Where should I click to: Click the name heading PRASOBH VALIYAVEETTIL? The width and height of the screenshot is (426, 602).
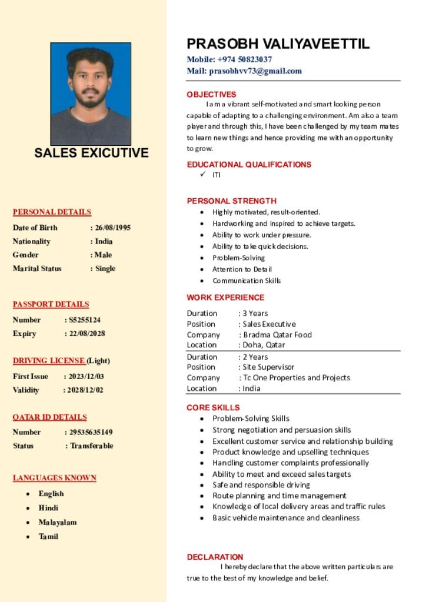pyautogui.click(x=278, y=44)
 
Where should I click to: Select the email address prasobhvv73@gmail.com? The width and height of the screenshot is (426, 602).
pyautogui.click(x=255, y=71)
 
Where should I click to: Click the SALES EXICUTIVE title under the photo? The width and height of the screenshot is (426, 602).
pyautogui.click(x=91, y=153)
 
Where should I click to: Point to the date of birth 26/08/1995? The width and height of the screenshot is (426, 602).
pyautogui.click(x=113, y=228)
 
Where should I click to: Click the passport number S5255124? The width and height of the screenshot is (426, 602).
pyautogui.click(x=85, y=320)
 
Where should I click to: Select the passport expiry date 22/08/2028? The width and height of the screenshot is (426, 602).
pyautogui.click(x=87, y=333)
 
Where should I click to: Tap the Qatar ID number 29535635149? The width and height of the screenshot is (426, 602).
pyautogui.click(x=91, y=432)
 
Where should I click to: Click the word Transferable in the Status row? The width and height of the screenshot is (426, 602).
pyautogui.click(x=92, y=446)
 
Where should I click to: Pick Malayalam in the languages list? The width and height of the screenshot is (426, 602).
pyautogui.click(x=58, y=522)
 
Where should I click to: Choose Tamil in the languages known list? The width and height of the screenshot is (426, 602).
pyautogui.click(x=48, y=536)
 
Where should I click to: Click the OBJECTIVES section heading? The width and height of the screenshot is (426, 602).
pyautogui.click(x=211, y=95)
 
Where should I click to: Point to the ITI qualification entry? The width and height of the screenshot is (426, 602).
pyautogui.click(x=217, y=175)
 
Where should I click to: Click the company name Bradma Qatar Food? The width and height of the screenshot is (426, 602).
pyautogui.click(x=277, y=335)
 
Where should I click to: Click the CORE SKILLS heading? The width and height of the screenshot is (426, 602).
pyautogui.click(x=213, y=407)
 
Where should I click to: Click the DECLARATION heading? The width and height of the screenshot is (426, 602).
pyautogui.click(x=215, y=557)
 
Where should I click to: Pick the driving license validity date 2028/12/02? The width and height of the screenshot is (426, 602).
pyautogui.click(x=85, y=390)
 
